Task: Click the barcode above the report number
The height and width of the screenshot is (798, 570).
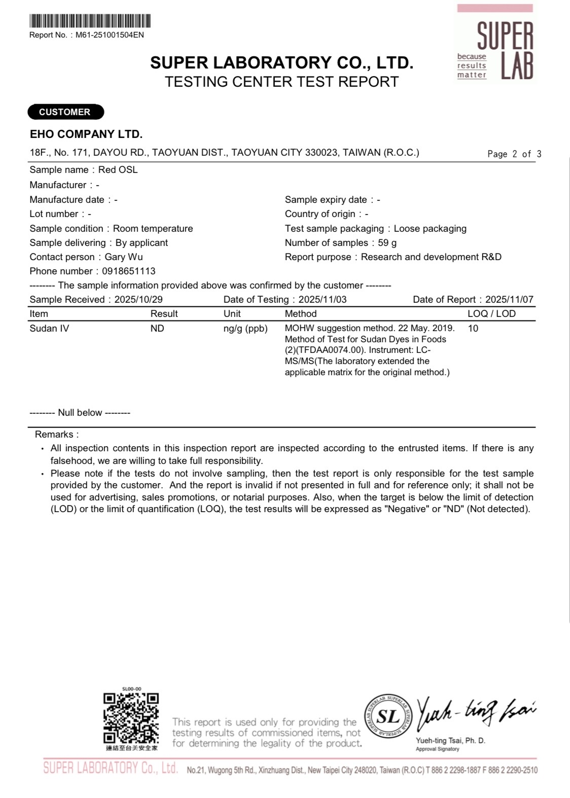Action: point(90,21)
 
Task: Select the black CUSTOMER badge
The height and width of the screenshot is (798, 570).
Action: point(65,112)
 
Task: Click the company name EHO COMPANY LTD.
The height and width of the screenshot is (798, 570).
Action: point(86,134)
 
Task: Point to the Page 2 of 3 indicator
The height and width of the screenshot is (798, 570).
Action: point(514,154)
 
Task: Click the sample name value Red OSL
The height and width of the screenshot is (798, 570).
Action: point(118,170)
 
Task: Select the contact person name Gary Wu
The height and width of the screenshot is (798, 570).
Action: point(124,257)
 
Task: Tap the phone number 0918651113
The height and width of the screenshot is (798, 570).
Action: point(129,271)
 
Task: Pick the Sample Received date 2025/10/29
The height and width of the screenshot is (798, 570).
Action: point(138,300)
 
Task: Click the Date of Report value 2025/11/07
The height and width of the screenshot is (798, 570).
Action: point(509,300)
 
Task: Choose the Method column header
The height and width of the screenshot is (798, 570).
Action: point(301,314)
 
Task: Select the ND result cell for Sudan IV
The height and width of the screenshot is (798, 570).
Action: point(157,329)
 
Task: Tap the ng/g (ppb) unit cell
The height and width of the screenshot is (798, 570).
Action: point(245,329)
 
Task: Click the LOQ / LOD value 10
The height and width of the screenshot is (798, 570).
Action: point(473,329)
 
